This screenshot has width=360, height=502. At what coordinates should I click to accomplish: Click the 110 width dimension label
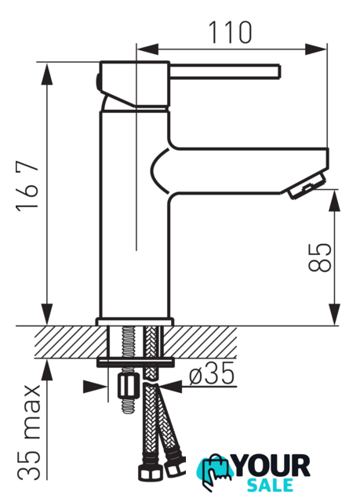point(230,33)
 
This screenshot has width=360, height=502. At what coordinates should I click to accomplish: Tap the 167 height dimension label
point(27,186)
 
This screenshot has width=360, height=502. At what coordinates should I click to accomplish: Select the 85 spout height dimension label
point(319,257)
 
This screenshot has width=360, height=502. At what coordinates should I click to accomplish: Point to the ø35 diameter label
point(212,374)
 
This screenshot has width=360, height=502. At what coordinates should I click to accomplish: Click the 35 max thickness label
point(29,432)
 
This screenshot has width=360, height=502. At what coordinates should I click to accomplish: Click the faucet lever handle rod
point(225,71)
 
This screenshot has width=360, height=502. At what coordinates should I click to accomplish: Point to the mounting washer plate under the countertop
point(136,362)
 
